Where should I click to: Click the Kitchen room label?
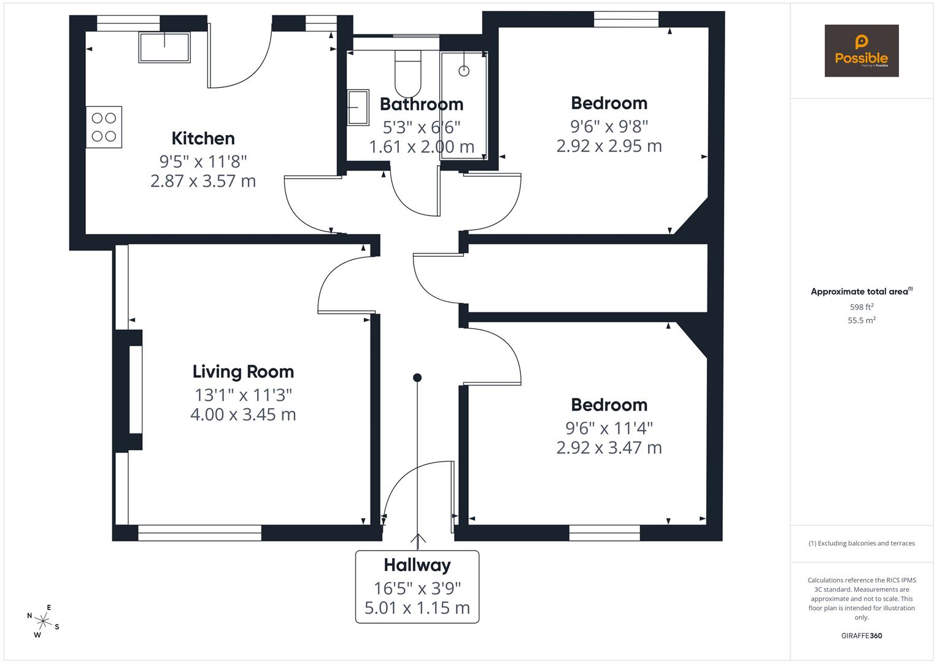203,138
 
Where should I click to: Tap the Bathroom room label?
421,104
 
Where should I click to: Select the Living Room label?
243,371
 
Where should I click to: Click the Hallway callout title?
417,565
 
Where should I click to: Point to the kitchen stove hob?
104,127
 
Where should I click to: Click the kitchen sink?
164,47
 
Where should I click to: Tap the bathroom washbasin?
358,107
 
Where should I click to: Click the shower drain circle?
464,71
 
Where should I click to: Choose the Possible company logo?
861,51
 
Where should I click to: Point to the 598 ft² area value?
861,307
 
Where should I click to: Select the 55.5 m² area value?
861,320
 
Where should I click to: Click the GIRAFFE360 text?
861,635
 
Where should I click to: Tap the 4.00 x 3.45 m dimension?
243,414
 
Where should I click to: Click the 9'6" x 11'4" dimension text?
609,427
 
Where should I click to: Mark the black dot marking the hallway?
417,378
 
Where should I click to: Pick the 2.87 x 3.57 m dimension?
203,181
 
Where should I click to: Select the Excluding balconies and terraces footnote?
861,543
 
